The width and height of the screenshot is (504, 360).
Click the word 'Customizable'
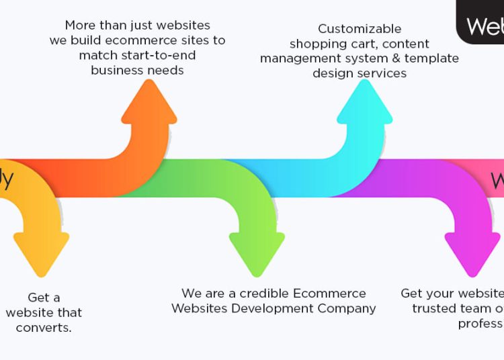click(x=360, y=29)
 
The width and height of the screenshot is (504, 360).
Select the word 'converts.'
click(x=44, y=328)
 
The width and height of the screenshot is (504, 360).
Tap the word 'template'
click(x=430, y=58)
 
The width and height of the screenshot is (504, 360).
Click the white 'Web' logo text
click(x=485, y=26)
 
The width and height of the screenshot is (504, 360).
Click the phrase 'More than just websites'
click(x=137, y=26)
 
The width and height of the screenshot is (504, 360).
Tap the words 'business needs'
click(x=137, y=70)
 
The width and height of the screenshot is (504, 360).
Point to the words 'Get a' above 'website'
click(x=44, y=298)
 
